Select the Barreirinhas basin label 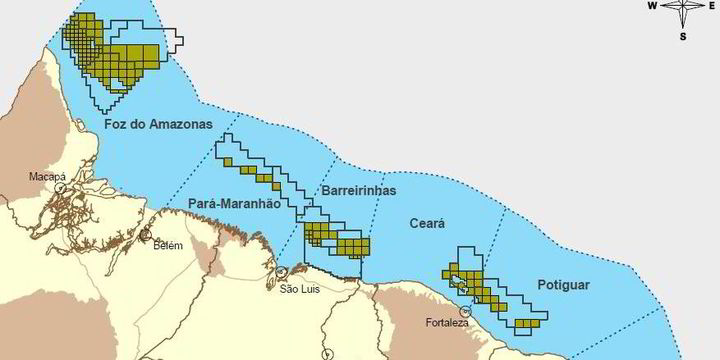(x=360, y=190)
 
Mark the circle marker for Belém (x=146, y=236)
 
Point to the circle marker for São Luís (x=283, y=272)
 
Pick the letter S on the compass (x=683, y=36)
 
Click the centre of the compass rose (x=683, y=8)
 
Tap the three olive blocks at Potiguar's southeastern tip (x=529, y=322)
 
